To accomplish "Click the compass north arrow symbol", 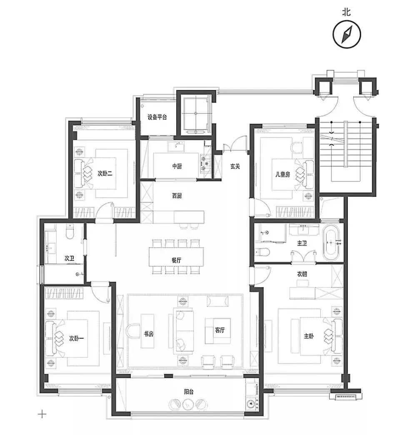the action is point(347,34).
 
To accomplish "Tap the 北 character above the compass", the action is point(346,12).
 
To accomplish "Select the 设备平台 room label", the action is point(157,117).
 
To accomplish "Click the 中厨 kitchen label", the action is point(177,166).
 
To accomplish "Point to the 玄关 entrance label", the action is point(235,166).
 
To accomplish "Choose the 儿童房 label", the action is point(283,174).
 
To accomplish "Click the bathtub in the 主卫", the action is point(331,243).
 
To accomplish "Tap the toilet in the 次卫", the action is point(70,232).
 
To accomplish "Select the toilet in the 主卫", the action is point(262,252).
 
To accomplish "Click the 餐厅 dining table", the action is point(176,256).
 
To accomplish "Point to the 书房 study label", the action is point(149,334).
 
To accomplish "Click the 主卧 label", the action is point(309,336).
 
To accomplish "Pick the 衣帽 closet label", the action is point(302,274).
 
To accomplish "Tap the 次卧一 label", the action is point(76,338).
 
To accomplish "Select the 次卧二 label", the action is point(105,173).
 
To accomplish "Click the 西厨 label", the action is point(177,196).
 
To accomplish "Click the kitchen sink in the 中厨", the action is point(175,146).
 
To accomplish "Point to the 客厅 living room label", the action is point(220,330).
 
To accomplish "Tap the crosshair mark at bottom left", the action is point(42,415).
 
